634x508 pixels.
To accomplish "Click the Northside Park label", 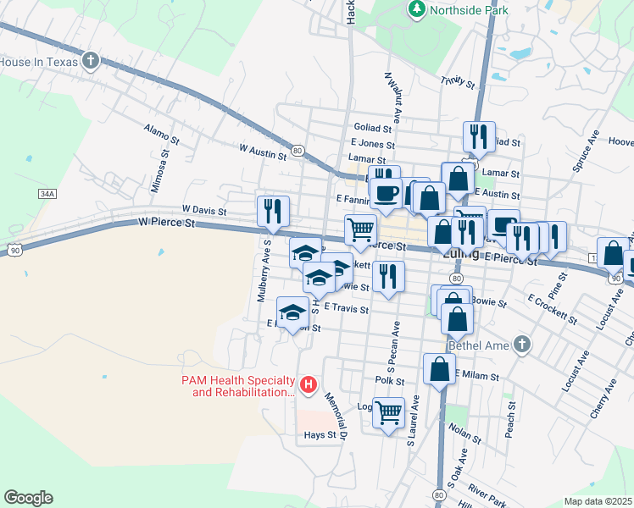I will tap(469, 10).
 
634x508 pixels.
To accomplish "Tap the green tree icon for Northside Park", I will tap(416, 9).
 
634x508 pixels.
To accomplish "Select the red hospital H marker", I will tap(309, 386).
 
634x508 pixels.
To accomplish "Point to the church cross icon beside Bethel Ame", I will tap(522, 344).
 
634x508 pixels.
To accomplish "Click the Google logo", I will tap(28, 498).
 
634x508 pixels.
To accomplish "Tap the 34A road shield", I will tap(47, 194).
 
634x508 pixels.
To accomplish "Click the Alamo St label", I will tap(162, 133).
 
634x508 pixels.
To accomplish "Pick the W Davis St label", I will tap(204, 210).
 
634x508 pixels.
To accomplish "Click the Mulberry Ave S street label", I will tap(263, 270).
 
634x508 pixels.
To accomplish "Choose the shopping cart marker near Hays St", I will tap(388, 413).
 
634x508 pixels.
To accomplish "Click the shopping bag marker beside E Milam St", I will tap(439, 369).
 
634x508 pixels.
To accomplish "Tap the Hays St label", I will tap(320, 436).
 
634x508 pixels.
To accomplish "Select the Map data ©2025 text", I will tap(597, 501).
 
